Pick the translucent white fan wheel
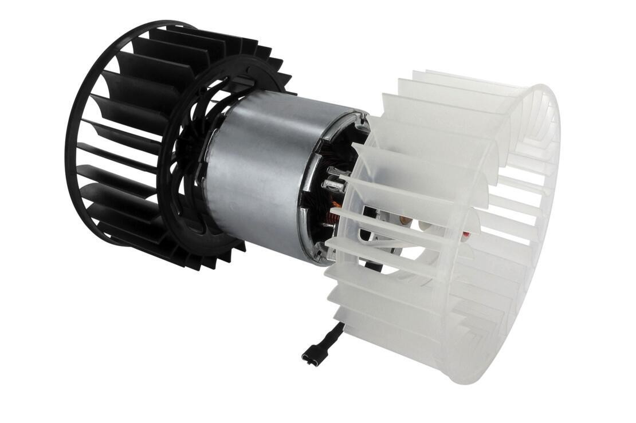click(x=447, y=229)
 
